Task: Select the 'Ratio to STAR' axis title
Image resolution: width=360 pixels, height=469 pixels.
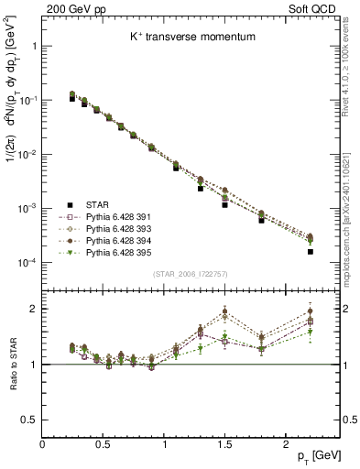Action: [12, 364]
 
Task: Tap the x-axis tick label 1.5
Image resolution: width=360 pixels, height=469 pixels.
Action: [226, 444]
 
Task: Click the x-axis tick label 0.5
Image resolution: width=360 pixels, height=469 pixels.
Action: [104, 444]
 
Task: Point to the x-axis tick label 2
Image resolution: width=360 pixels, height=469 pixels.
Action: [288, 444]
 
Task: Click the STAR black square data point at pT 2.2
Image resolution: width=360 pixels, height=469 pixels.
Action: [311, 252]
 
